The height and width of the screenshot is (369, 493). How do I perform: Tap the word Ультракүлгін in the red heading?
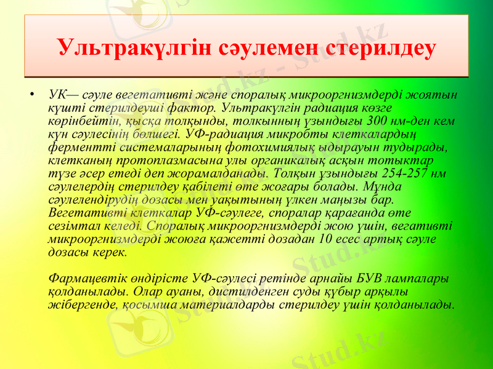pos(136,47)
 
